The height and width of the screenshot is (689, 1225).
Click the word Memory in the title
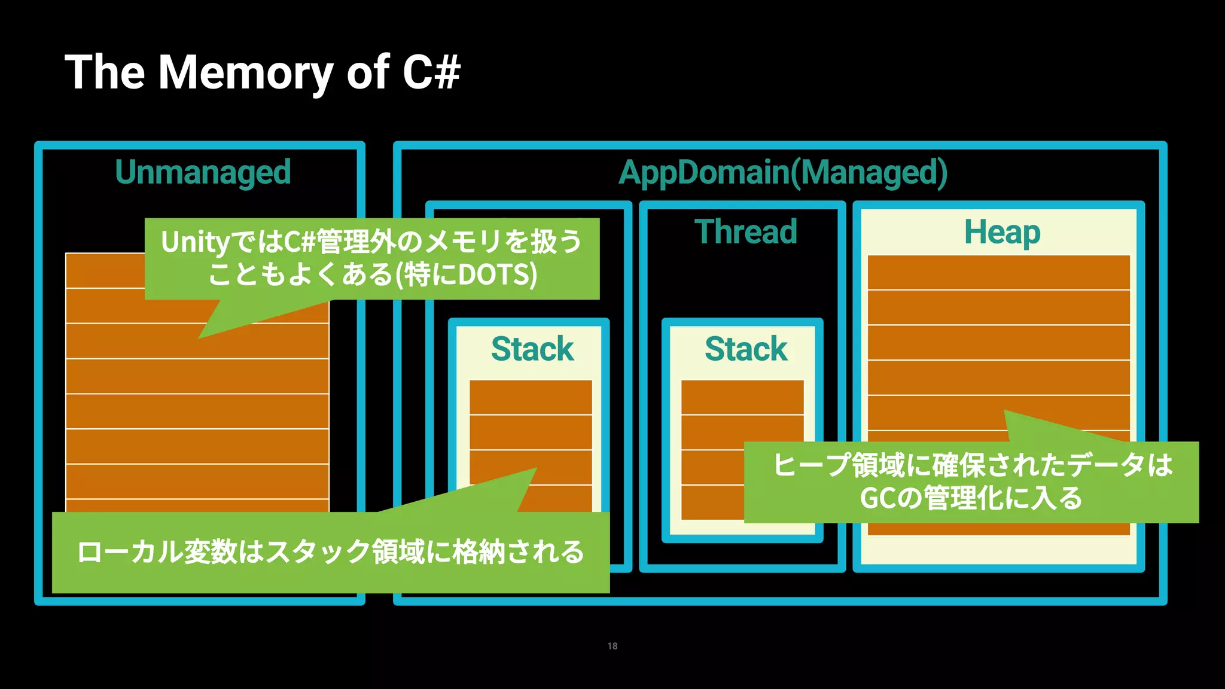tap(245, 73)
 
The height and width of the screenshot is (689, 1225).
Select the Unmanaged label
tap(203, 172)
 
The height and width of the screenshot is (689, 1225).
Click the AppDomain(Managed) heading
tap(782, 172)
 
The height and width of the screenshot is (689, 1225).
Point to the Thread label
tap(746, 231)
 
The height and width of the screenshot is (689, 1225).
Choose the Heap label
tap(1002, 232)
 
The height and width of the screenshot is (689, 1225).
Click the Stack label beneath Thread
tap(746, 349)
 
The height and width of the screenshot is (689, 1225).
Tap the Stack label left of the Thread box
tap(532, 349)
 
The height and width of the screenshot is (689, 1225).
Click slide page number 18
tap(612, 646)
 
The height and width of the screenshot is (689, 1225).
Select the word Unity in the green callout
tap(194, 242)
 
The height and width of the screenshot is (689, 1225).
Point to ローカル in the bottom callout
tap(117, 551)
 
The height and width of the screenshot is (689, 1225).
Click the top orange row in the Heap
tap(998, 273)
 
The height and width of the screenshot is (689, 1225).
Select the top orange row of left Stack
tap(531, 397)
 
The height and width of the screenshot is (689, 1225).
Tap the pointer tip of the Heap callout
tap(1005, 411)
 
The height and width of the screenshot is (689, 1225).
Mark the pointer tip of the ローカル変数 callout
tap(536, 468)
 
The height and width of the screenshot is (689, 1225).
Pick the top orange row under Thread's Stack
tap(742, 397)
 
